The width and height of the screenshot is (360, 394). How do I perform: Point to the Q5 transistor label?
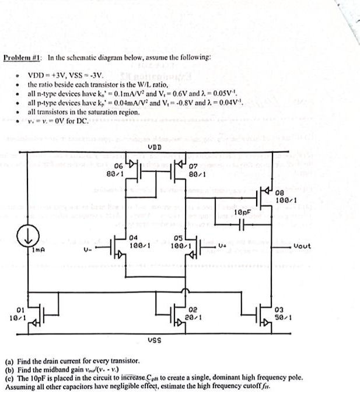180,238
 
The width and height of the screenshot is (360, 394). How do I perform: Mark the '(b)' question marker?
9,370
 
